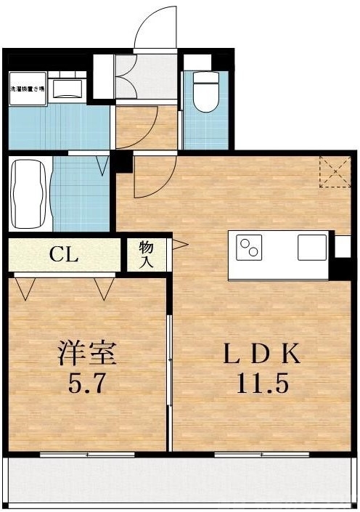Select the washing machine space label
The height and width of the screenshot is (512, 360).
click(27, 89)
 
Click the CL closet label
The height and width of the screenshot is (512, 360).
click(64, 255)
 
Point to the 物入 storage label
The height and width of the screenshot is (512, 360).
click(146, 255)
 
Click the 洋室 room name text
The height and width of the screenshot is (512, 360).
click(87, 354)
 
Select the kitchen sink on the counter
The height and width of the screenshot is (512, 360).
click(312, 248)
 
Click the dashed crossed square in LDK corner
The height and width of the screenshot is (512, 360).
click(335, 171)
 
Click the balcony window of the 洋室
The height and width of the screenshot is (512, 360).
click(87, 455)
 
